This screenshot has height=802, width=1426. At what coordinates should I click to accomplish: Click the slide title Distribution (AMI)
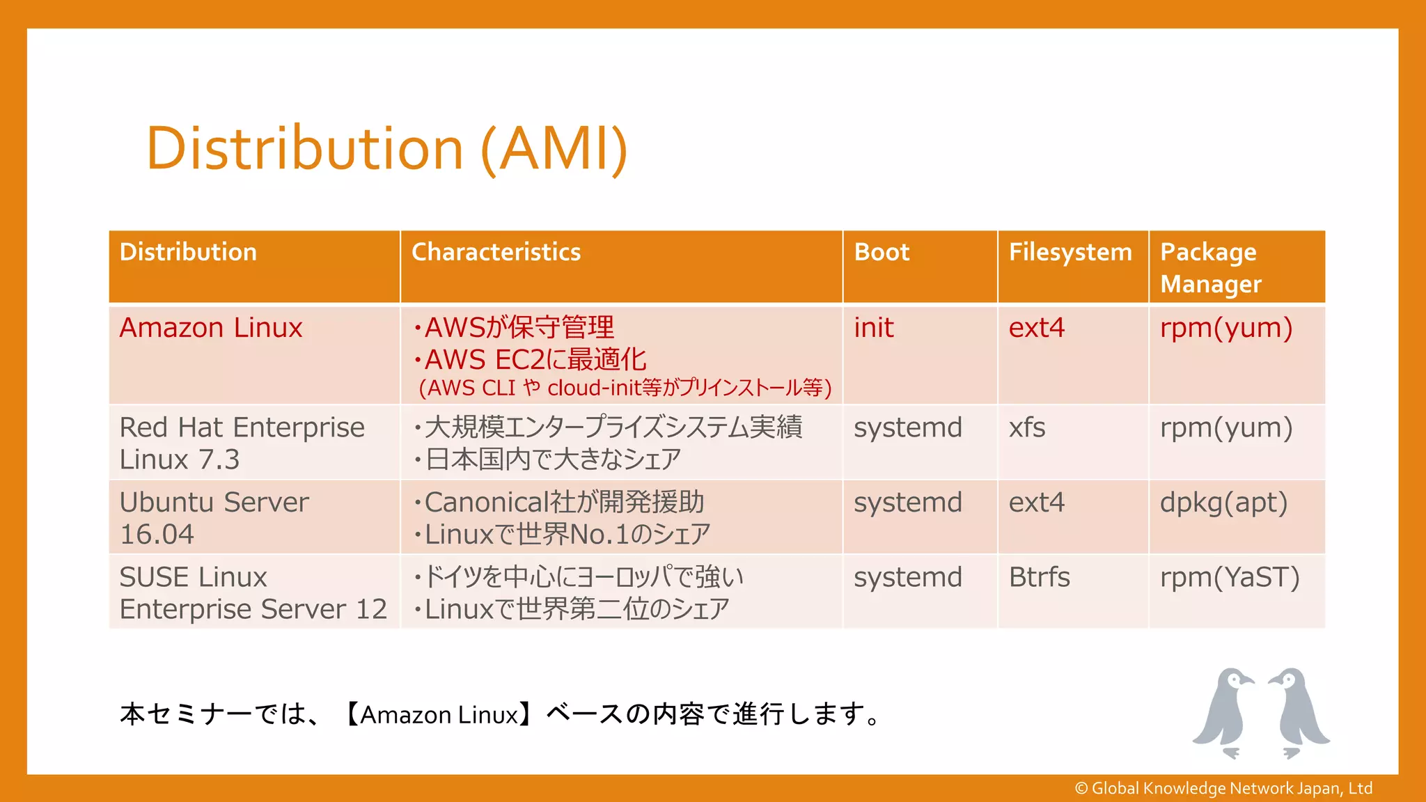click(x=386, y=148)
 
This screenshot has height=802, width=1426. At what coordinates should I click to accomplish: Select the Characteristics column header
click(x=496, y=252)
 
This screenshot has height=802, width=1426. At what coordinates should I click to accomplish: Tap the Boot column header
click(x=882, y=252)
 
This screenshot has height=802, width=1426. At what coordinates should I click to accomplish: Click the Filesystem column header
click(x=1070, y=252)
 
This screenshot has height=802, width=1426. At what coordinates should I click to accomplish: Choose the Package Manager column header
click(x=1211, y=268)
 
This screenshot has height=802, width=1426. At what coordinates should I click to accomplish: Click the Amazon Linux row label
click(x=211, y=328)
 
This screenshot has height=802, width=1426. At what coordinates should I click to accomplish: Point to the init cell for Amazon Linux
click(x=874, y=328)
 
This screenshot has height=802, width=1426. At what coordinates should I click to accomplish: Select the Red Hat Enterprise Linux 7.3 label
click(x=242, y=443)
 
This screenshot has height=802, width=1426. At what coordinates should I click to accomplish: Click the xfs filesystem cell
click(x=1027, y=427)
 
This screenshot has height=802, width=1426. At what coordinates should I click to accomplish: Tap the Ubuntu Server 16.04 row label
click(x=214, y=518)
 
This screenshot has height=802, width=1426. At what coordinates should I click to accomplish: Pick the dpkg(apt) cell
click(x=1223, y=503)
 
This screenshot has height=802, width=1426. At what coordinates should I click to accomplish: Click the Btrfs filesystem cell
click(x=1039, y=577)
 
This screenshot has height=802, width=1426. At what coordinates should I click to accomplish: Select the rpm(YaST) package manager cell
click(x=1230, y=577)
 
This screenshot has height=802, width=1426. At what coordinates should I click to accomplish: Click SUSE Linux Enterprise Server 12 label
click(x=253, y=592)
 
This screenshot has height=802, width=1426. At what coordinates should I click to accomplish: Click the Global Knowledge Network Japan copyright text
click(x=1223, y=788)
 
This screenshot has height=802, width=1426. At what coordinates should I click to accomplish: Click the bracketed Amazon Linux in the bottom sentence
click(x=439, y=715)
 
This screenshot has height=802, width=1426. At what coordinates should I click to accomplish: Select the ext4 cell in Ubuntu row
click(x=1037, y=503)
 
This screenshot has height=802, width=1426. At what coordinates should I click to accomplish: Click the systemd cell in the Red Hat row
click(x=908, y=427)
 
